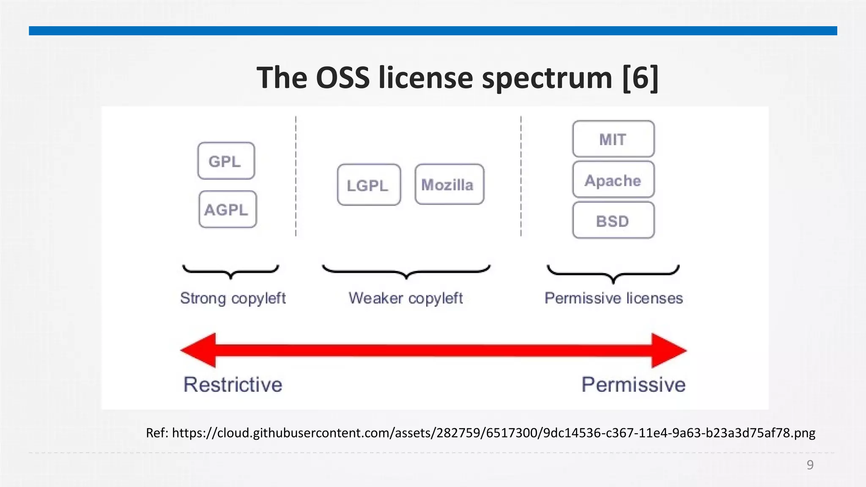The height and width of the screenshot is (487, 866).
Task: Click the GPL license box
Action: pyautogui.click(x=226, y=161)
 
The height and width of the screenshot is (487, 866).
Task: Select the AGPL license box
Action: pyautogui.click(x=227, y=210)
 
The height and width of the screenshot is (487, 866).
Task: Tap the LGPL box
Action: pyautogui.click(x=369, y=185)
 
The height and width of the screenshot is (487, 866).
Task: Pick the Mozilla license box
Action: pyautogui.click(x=449, y=185)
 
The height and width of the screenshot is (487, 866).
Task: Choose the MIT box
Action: pyautogui.click(x=613, y=139)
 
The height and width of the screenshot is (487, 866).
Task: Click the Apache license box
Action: pyautogui.click(x=613, y=180)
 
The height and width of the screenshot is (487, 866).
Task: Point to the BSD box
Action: pyautogui.click(x=613, y=221)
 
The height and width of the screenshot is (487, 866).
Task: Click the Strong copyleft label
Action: pyautogui.click(x=233, y=298)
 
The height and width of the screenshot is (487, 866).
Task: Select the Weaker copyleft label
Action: pyautogui.click(x=406, y=298)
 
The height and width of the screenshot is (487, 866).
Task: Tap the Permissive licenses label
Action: pyautogui.click(x=614, y=298)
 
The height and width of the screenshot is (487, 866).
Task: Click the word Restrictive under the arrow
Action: pyautogui.click(x=233, y=385)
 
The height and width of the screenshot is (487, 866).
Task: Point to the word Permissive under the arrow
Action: pyautogui.click(x=633, y=385)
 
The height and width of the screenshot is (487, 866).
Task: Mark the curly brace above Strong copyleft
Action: pyautogui.click(x=230, y=271)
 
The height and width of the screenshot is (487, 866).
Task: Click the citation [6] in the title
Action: pyautogui.click(x=640, y=78)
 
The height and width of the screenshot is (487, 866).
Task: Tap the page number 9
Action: pyautogui.click(x=810, y=465)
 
